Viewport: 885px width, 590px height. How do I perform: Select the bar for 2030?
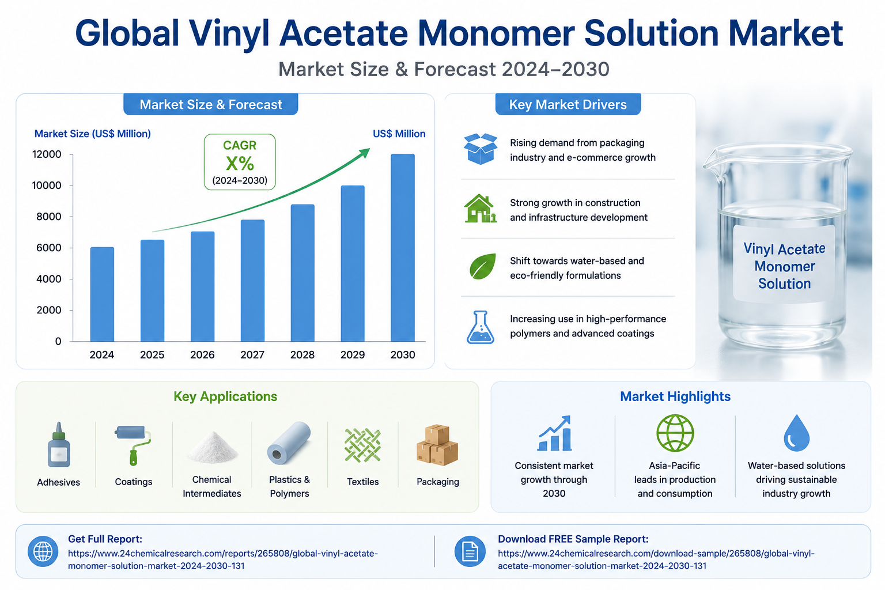(x=403, y=248)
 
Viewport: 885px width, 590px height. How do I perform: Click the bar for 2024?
(x=102, y=294)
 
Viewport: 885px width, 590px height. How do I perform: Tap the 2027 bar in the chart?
(x=252, y=281)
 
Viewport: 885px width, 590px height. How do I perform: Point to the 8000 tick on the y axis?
(x=48, y=217)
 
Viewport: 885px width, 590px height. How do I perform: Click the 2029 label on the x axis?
(x=353, y=354)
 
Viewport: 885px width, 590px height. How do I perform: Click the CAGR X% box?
(x=240, y=162)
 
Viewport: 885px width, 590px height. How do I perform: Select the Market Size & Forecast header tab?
(x=210, y=104)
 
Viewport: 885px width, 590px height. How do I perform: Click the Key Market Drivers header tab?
(x=568, y=104)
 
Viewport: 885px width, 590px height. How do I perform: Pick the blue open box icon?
(x=481, y=149)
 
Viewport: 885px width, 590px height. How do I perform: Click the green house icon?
(x=480, y=208)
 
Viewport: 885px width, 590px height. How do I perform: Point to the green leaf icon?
(x=482, y=266)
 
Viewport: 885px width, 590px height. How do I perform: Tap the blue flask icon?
(x=481, y=327)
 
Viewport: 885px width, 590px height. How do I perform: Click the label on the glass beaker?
(x=784, y=266)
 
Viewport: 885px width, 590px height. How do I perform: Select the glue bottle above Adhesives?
(x=59, y=445)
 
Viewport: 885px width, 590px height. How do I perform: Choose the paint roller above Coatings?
(x=133, y=445)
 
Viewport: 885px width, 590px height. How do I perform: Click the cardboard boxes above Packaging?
(x=437, y=445)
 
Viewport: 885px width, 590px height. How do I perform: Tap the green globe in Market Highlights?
(x=675, y=433)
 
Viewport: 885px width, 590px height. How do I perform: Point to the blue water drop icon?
(x=796, y=433)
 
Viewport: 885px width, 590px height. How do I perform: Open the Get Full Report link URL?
(x=223, y=559)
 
